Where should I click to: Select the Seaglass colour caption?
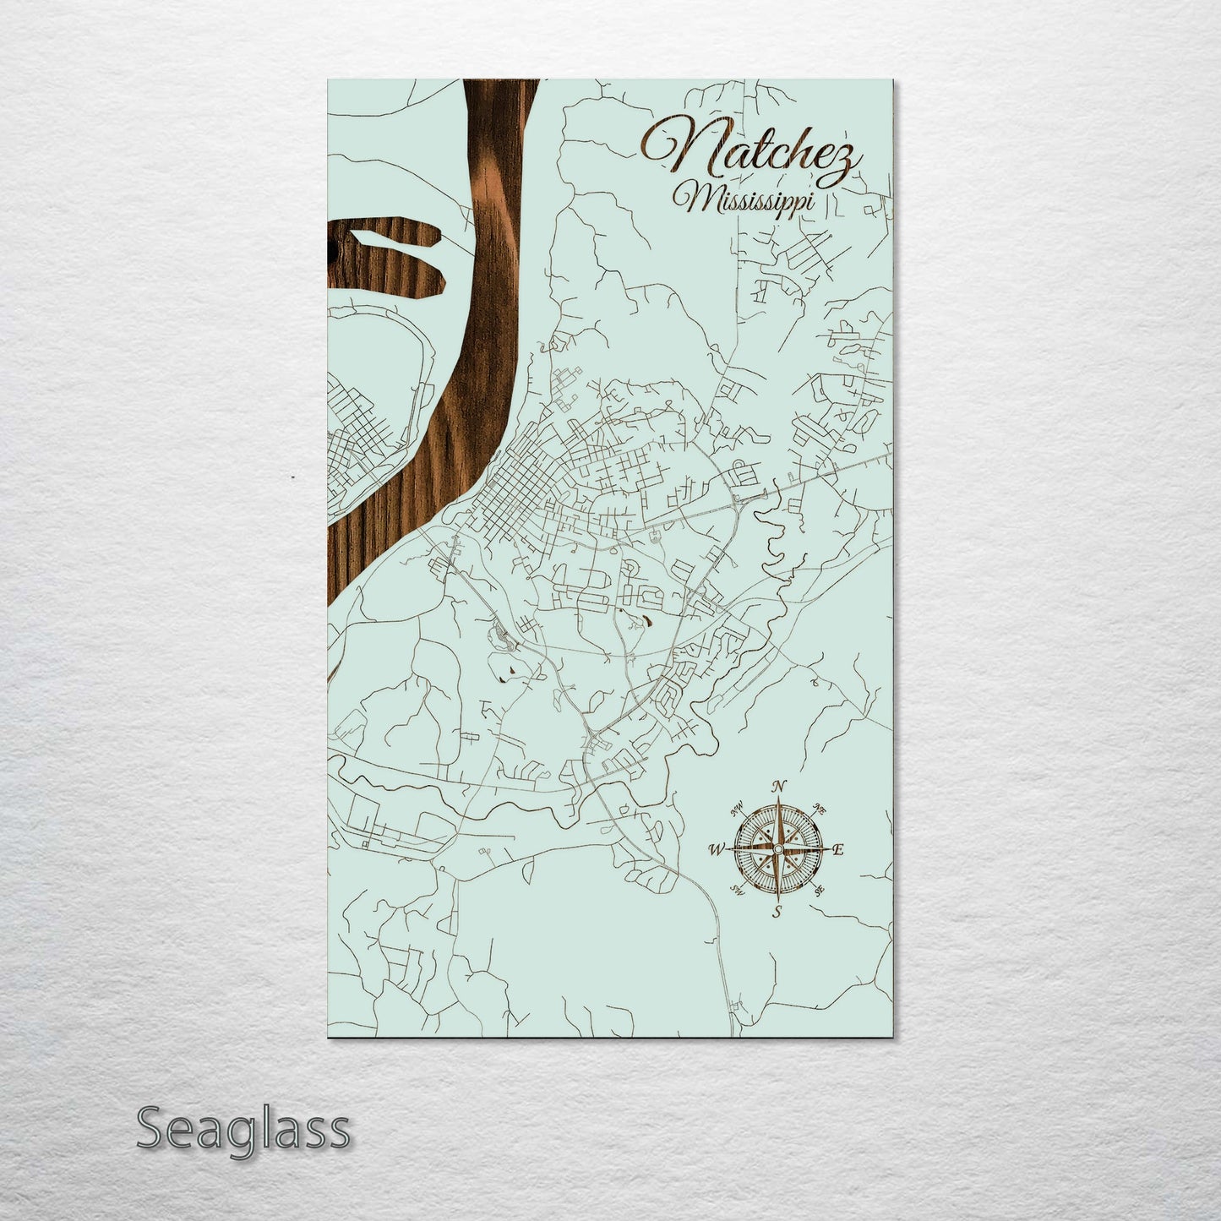click(242, 1128)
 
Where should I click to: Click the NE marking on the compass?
click(820, 807)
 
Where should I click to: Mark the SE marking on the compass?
click(819, 890)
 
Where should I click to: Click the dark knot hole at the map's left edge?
click(330, 250)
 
